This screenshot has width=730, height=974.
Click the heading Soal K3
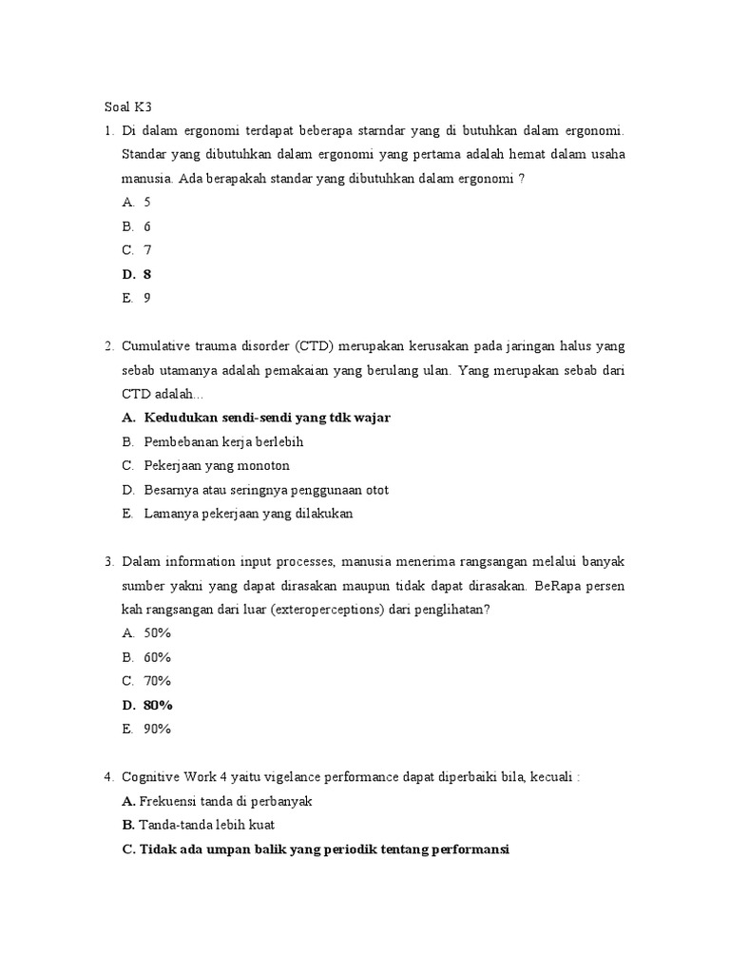[x=127, y=107]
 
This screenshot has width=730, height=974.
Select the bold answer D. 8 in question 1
[x=137, y=274]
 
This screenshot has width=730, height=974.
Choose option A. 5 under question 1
[x=137, y=203]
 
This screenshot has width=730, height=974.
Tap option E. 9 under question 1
[x=137, y=298]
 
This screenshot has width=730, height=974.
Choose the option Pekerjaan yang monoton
[x=217, y=466]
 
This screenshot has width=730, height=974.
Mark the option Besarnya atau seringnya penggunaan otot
[x=266, y=490]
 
